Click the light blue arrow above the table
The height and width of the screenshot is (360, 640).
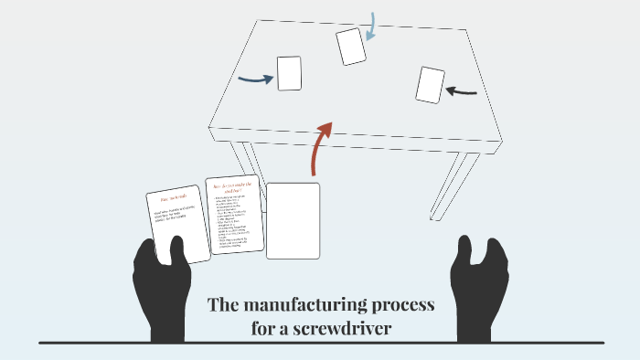tap(371, 26)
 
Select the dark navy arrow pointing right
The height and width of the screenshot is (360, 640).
tap(255, 79)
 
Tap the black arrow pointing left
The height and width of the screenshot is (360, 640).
tap(462, 90)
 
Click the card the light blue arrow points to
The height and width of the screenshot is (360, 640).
tap(351, 47)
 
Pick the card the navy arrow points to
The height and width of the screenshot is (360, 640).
tap(289, 73)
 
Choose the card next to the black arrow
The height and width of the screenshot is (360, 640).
tap(430, 85)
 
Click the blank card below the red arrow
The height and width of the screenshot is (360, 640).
tap(293, 220)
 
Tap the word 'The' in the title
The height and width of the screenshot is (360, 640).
tap(224, 304)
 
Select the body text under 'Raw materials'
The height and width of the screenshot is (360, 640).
tap(177, 216)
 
